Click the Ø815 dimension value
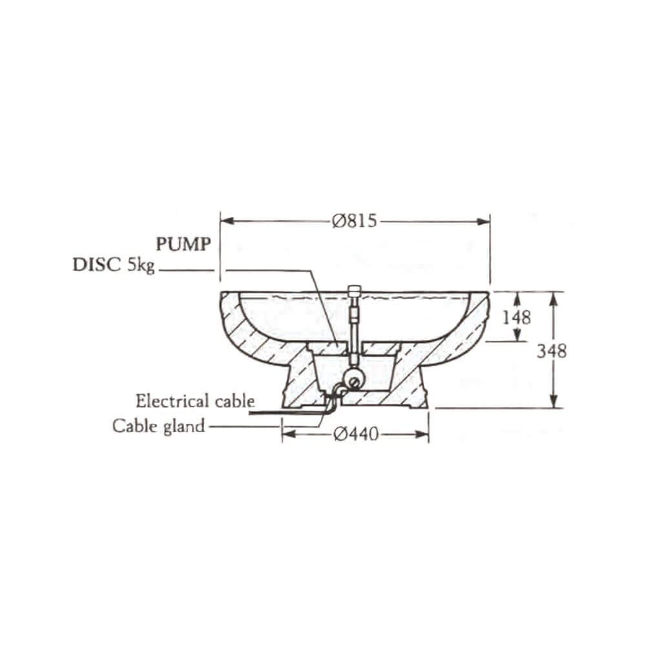[354, 221]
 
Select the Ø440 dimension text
[356, 434]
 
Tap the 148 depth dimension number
[517, 317]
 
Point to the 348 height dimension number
[552, 351]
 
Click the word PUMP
[183, 244]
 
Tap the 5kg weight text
[140, 266]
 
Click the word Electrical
[173, 401]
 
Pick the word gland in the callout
[184, 427]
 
